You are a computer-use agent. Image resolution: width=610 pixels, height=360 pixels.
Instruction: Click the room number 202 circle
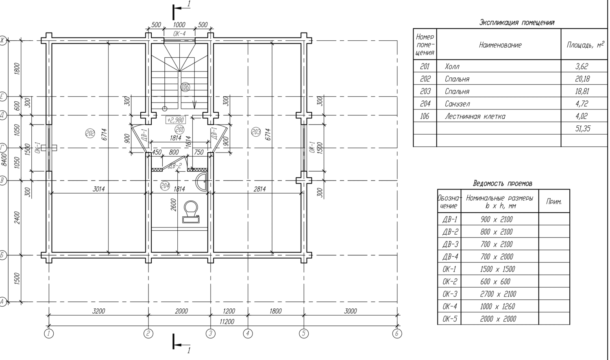pos(90,133)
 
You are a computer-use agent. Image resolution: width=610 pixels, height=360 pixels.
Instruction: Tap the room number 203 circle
pos(256,132)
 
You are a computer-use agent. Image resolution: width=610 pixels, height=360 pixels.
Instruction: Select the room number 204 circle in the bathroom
pos(165,186)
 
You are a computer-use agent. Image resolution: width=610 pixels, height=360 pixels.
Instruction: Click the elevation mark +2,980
pos(176,120)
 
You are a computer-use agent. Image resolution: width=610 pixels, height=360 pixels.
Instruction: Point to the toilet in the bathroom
pos(191,212)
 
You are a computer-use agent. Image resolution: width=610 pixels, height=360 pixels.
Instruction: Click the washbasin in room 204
pos(202,181)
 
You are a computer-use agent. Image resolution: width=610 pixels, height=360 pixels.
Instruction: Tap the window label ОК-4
pos(179,34)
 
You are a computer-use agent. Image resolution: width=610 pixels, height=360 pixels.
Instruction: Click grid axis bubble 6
pos(397,334)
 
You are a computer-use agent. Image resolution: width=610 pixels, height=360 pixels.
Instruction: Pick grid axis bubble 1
pos(49,334)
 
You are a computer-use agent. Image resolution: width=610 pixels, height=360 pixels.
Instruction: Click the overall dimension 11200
pos(227,322)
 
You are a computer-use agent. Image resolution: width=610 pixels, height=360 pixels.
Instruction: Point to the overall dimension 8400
pos(4,159)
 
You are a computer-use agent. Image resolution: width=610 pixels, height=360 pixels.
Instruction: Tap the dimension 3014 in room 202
pos(98,189)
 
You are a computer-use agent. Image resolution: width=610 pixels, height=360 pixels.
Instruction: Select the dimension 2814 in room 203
pos(259,189)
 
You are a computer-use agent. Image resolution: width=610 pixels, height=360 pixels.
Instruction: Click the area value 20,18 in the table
pos(582,79)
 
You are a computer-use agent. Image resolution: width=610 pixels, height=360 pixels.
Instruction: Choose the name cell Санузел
pos(457,104)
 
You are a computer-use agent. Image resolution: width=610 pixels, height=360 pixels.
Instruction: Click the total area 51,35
pos(583,129)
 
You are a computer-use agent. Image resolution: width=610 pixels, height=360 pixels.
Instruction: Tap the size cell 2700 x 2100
pos(498,294)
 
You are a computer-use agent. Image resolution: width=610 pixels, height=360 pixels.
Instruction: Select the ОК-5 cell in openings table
pos(450,319)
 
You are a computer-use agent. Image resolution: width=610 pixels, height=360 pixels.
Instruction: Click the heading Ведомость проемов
pos(502,183)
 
